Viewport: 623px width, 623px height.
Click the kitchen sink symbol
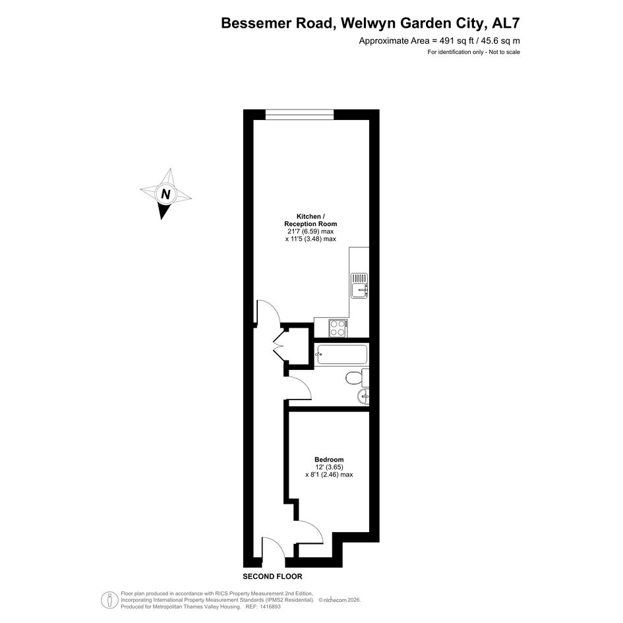(359, 285)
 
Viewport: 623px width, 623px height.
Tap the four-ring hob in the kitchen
(338, 328)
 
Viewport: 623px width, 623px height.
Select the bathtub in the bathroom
(341, 355)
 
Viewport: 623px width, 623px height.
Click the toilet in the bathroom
(357, 377)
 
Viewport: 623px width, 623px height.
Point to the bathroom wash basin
(363, 396)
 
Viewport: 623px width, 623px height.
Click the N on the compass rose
(165, 194)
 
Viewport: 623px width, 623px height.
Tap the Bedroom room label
(329, 460)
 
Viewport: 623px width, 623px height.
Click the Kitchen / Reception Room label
(311, 220)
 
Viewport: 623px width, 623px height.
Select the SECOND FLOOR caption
(272, 576)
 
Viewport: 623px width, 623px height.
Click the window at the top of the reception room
(299, 114)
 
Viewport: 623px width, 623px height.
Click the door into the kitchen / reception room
(268, 312)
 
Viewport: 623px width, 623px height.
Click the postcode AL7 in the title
(506, 24)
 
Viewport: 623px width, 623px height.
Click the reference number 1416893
(270, 607)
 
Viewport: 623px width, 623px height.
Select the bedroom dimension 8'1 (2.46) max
(329, 475)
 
